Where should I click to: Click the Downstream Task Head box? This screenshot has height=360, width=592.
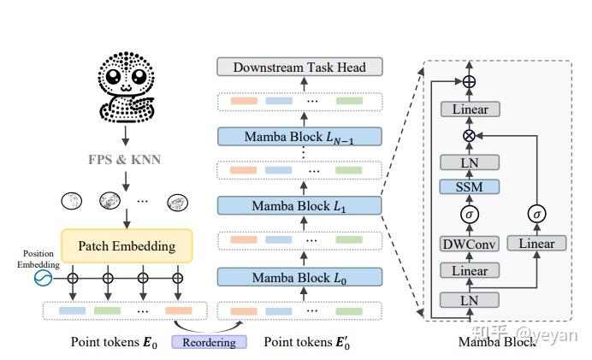click(299, 67)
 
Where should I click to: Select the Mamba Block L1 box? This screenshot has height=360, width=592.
click(299, 206)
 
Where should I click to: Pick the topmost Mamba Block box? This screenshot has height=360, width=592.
click(299, 136)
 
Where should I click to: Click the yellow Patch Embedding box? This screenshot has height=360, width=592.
click(127, 246)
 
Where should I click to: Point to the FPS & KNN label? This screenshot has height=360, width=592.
click(124, 159)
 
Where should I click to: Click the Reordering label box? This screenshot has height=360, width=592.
click(209, 342)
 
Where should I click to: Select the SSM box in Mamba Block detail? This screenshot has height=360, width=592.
click(469, 186)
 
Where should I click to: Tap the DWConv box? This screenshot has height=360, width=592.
click(469, 244)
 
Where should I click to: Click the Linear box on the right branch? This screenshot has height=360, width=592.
click(536, 244)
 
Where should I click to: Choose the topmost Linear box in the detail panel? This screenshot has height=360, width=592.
click(469, 109)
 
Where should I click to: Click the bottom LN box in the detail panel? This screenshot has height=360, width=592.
click(469, 299)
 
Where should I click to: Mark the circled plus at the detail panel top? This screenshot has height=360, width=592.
click(469, 82)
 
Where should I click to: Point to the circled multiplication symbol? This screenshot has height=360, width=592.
click(469, 136)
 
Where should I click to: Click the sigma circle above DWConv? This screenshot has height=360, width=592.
click(469, 215)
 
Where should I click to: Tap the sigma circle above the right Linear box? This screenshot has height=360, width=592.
click(536, 215)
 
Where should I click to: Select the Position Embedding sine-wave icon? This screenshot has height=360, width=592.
click(43, 279)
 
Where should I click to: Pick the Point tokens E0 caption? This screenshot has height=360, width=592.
click(104, 342)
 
